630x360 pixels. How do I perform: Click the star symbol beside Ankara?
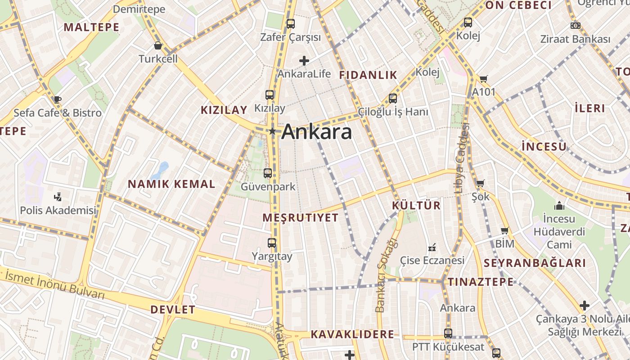(x=272, y=131)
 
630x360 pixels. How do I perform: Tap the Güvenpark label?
(x=268, y=186)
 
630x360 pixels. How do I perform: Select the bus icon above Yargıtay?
(x=272, y=243)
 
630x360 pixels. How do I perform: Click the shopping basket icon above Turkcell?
(x=158, y=45)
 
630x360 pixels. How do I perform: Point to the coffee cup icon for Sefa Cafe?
(x=57, y=99)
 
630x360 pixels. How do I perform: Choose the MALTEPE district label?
(x=91, y=27)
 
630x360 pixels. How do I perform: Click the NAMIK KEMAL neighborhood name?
(x=171, y=184)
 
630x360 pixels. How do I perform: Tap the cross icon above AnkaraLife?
(x=304, y=60)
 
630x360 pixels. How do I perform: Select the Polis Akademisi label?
(x=58, y=210)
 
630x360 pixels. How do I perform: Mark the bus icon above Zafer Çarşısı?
(x=291, y=23)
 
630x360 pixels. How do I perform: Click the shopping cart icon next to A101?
(x=484, y=79)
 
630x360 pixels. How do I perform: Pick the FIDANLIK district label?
(x=368, y=75)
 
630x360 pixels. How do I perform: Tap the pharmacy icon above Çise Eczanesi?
(x=432, y=247)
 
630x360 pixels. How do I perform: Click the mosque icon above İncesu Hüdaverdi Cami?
(x=559, y=206)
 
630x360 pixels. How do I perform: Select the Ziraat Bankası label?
(x=575, y=39)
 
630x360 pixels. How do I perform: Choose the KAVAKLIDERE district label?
(x=352, y=334)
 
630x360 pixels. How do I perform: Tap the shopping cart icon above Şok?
(x=480, y=184)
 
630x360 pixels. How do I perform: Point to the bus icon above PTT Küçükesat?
(x=448, y=333)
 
